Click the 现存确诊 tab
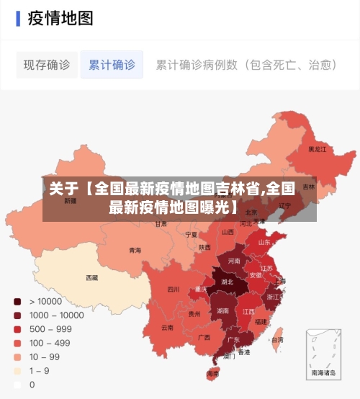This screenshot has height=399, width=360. click(47, 65)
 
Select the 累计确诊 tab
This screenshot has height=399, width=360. click(112, 65)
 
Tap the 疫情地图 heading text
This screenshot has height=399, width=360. click(60, 19)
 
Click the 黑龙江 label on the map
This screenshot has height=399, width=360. click(318, 150)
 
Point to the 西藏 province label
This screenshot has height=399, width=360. click(92, 277)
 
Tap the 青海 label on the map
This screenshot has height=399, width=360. click(135, 251)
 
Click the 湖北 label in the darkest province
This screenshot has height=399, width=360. click(228, 282)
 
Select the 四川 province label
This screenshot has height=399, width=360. click(174, 290)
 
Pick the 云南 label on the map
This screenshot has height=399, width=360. click(167, 327)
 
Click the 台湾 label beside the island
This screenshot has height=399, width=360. click(276, 339)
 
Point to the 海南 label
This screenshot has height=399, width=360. click(212, 374)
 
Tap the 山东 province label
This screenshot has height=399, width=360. click(264, 242)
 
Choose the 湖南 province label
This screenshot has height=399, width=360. click(223, 311)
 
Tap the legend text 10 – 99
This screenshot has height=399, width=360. click(45, 357)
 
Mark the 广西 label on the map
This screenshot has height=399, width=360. click(204, 337)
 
